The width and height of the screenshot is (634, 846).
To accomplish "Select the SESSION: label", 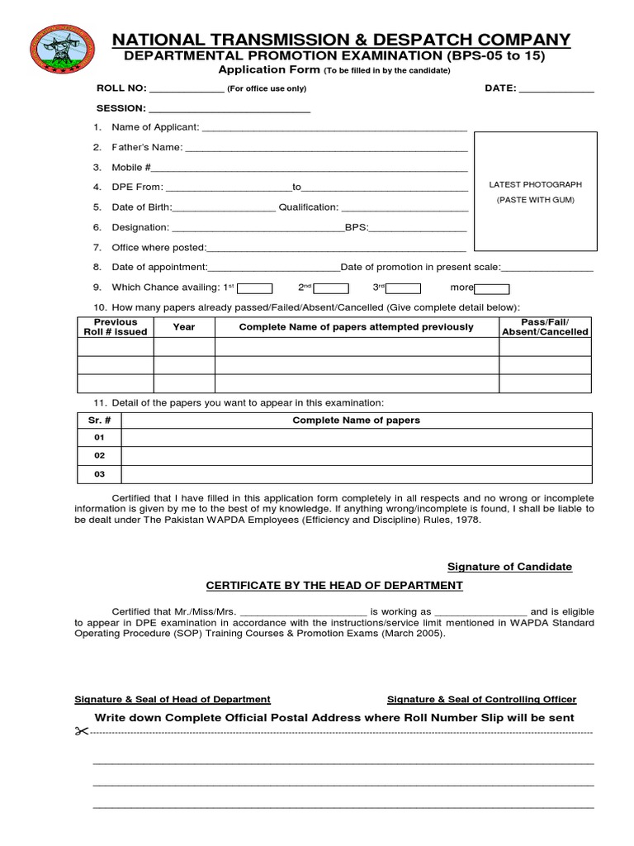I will coord(121,108).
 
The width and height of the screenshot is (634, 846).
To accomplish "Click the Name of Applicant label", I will coord(155,127).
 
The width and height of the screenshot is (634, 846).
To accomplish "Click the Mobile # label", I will coord(131,167).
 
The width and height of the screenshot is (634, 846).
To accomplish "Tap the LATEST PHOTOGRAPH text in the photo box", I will coord(536,185).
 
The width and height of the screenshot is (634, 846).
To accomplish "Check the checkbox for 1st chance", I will coord(256,288).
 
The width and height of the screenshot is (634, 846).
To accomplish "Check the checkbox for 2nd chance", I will coord(331,288).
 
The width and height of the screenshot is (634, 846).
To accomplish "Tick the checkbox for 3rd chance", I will coord(405,288).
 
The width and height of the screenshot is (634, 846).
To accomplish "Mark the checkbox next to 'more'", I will coord(492,288).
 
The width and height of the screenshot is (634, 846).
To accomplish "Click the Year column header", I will coord(184,327).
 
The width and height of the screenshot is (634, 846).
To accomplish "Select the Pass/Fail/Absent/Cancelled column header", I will coord(545,327).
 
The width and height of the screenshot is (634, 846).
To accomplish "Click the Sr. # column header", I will coord(99,420).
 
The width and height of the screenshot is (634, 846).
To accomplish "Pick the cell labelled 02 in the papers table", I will coord(99,455).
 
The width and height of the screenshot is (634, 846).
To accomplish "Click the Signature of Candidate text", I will coord(509,567).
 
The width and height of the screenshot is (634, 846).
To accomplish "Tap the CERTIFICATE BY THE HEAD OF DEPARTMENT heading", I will coord(334,586).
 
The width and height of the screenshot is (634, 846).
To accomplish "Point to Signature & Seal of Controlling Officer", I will coord(482,700).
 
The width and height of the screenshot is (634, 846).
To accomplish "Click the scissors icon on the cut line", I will coord(81,731).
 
